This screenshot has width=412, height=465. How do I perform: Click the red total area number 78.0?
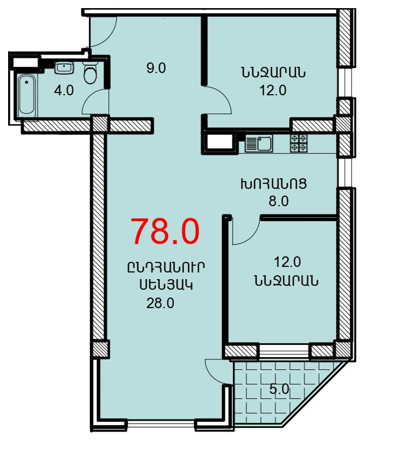[x=165, y=231]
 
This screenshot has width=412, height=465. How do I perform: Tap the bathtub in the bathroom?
[x=27, y=96]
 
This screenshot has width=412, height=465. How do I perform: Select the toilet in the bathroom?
[x=90, y=72]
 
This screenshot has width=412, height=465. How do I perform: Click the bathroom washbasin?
[x=64, y=68]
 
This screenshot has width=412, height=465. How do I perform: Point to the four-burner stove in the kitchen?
[x=299, y=143]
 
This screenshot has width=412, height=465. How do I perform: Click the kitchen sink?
[x=259, y=143]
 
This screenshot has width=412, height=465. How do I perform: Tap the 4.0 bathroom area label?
[x=64, y=90]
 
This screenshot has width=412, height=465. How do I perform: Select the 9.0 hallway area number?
[x=156, y=68]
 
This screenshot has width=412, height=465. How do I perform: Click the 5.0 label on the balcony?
[x=279, y=389]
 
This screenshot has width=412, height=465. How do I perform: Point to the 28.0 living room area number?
[x=160, y=303]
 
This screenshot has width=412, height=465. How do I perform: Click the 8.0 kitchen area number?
[x=279, y=202]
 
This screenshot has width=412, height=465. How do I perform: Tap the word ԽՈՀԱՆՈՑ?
[x=273, y=184]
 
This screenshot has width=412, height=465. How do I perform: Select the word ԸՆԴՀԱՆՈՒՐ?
[x=166, y=267]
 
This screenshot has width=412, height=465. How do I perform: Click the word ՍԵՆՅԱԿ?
[x=166, y=285]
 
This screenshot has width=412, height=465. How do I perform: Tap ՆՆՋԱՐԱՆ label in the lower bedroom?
[x=286, y=280]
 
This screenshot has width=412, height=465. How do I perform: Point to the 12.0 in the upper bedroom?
[x=273, y=90]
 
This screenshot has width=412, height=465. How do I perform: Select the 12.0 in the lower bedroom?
[x=287, y=262]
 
